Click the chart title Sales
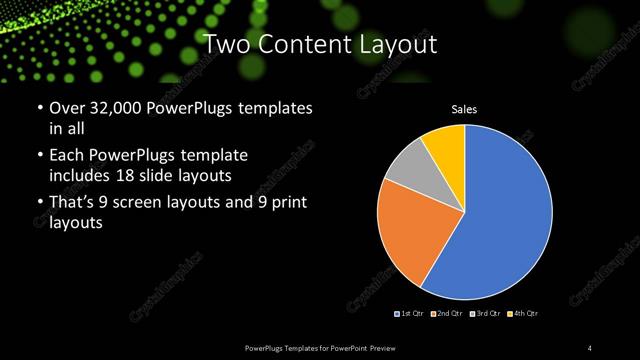click(x=464, y=108)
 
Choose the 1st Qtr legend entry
click(x=410, y=314)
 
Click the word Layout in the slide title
click(x=391, y=44)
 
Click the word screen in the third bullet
click(x=153, y=204)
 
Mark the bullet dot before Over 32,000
click(x=39, y=108)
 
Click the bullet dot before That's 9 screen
click(x=39, y=205)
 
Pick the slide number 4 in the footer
click(x=591, y=347)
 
